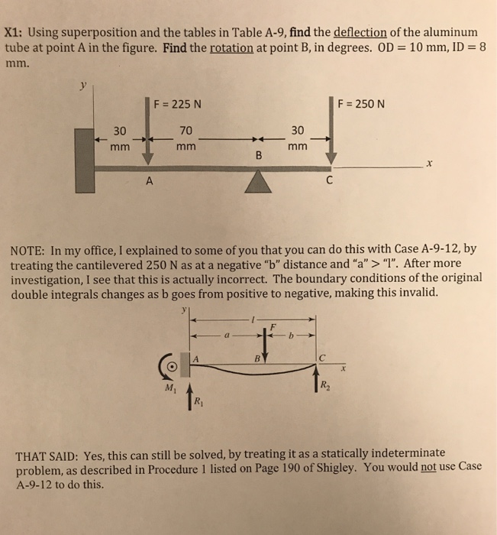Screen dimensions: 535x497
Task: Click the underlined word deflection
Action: pos(358,33)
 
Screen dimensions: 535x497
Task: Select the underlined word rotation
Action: pos(231,47)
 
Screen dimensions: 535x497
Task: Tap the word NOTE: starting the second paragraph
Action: pos(30,249)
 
